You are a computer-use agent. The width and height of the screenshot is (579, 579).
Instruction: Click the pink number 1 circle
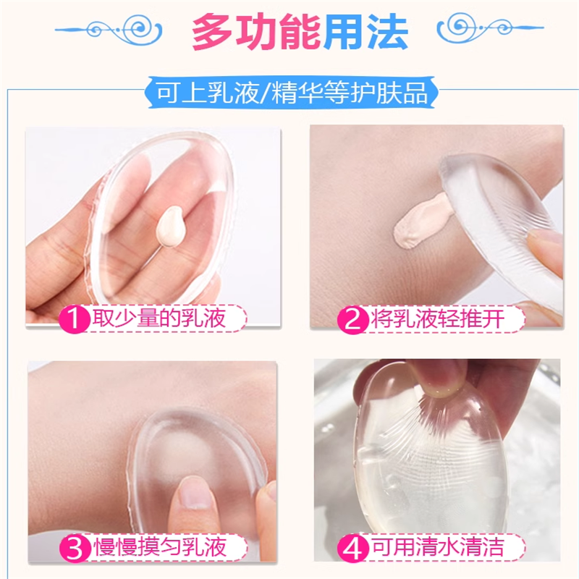[x=74, y=319]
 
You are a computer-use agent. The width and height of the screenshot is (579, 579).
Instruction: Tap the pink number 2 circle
[x=354, y=319]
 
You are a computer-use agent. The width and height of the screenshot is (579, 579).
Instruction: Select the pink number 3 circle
[x=74, y=546]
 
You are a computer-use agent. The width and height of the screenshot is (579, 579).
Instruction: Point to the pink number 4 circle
[x=354, y=546]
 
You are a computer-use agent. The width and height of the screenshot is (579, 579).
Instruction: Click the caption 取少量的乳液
[x=165, y=319]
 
